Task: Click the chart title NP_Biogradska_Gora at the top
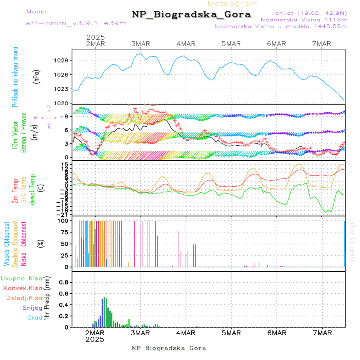(191, 15)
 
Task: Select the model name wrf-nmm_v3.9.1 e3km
(76, 23)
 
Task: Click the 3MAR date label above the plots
(140, 44)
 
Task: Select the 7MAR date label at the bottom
(322, 332)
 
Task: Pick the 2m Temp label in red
(15, 191)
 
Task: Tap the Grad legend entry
(35, 318)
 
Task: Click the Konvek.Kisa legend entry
(23, 288)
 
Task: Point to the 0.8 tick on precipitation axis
(64, 282)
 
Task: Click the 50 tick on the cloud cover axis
(64, 244)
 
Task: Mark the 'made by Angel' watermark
(352, 240)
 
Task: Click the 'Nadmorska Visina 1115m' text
(303, 19)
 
